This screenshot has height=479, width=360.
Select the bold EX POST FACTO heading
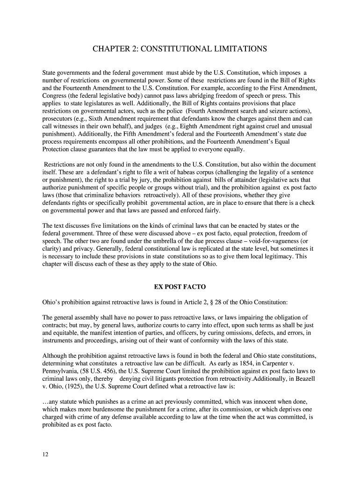coord(180,286)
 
